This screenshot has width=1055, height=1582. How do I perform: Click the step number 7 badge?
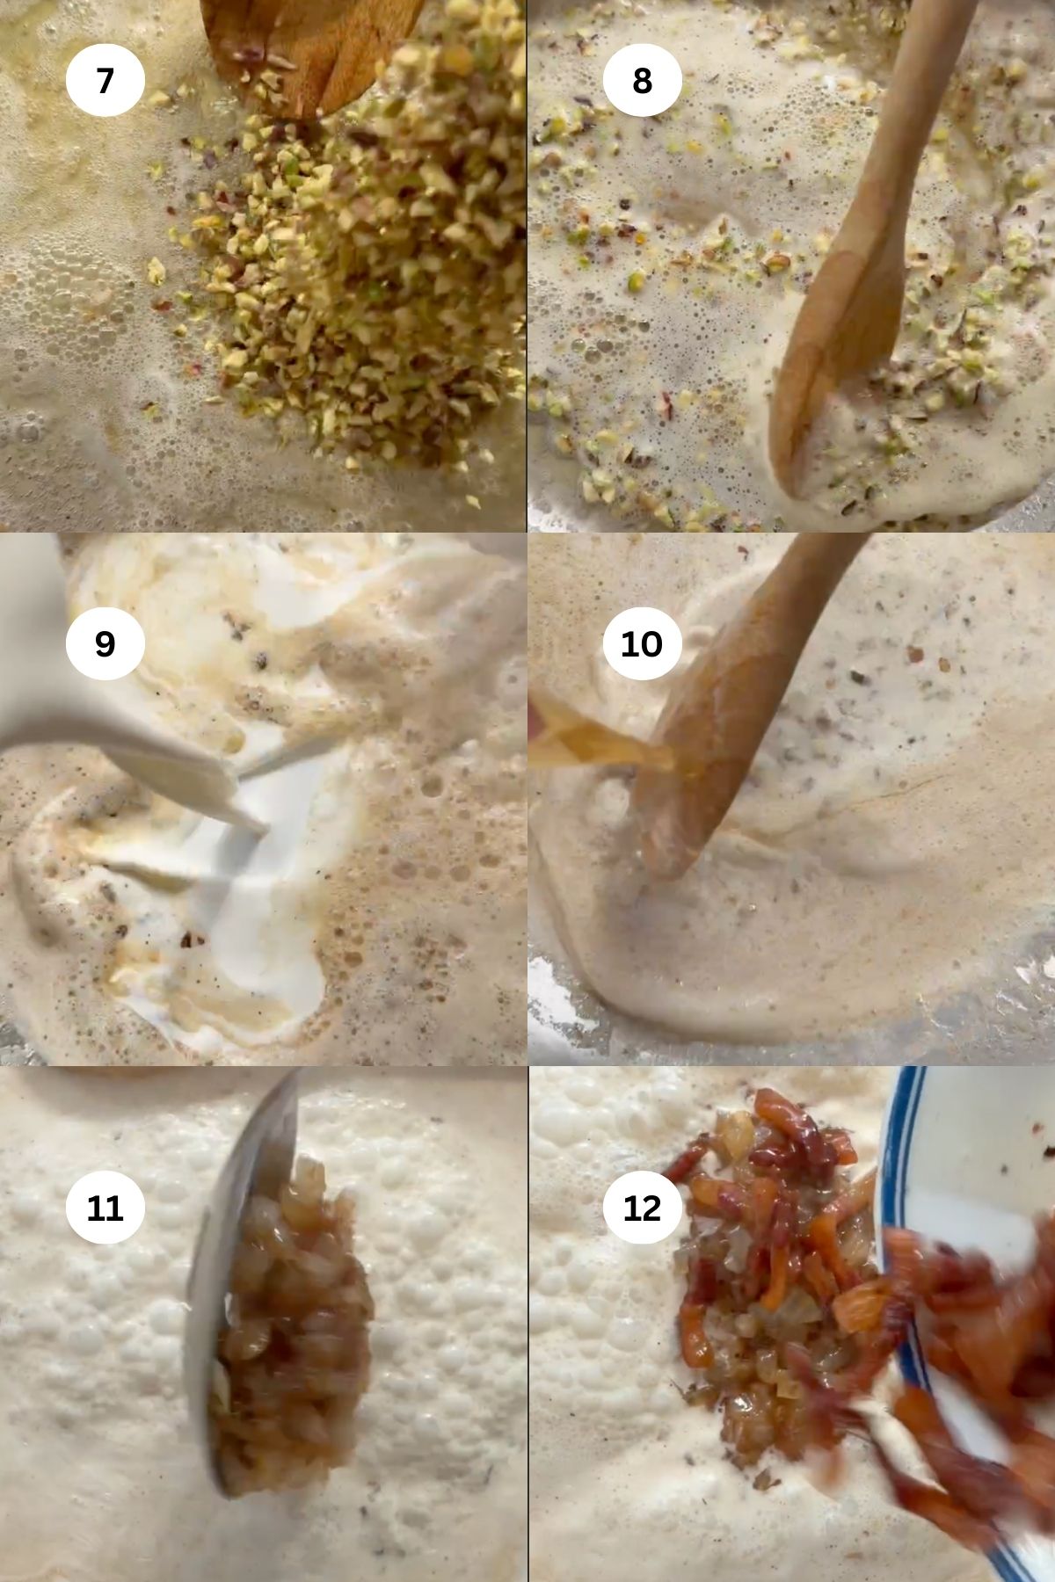[x=105, y=81]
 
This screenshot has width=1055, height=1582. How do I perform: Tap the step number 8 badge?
[x=642, y=81]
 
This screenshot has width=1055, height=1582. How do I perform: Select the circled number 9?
[x=105, y=643]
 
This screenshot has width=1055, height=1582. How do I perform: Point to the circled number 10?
[x=642, y=643]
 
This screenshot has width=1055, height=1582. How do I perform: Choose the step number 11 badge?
[x=105, y=1208]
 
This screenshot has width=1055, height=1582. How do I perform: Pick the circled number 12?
[x=642, y=1208]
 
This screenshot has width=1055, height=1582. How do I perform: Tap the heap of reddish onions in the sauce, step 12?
[x=756, y=1266]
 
